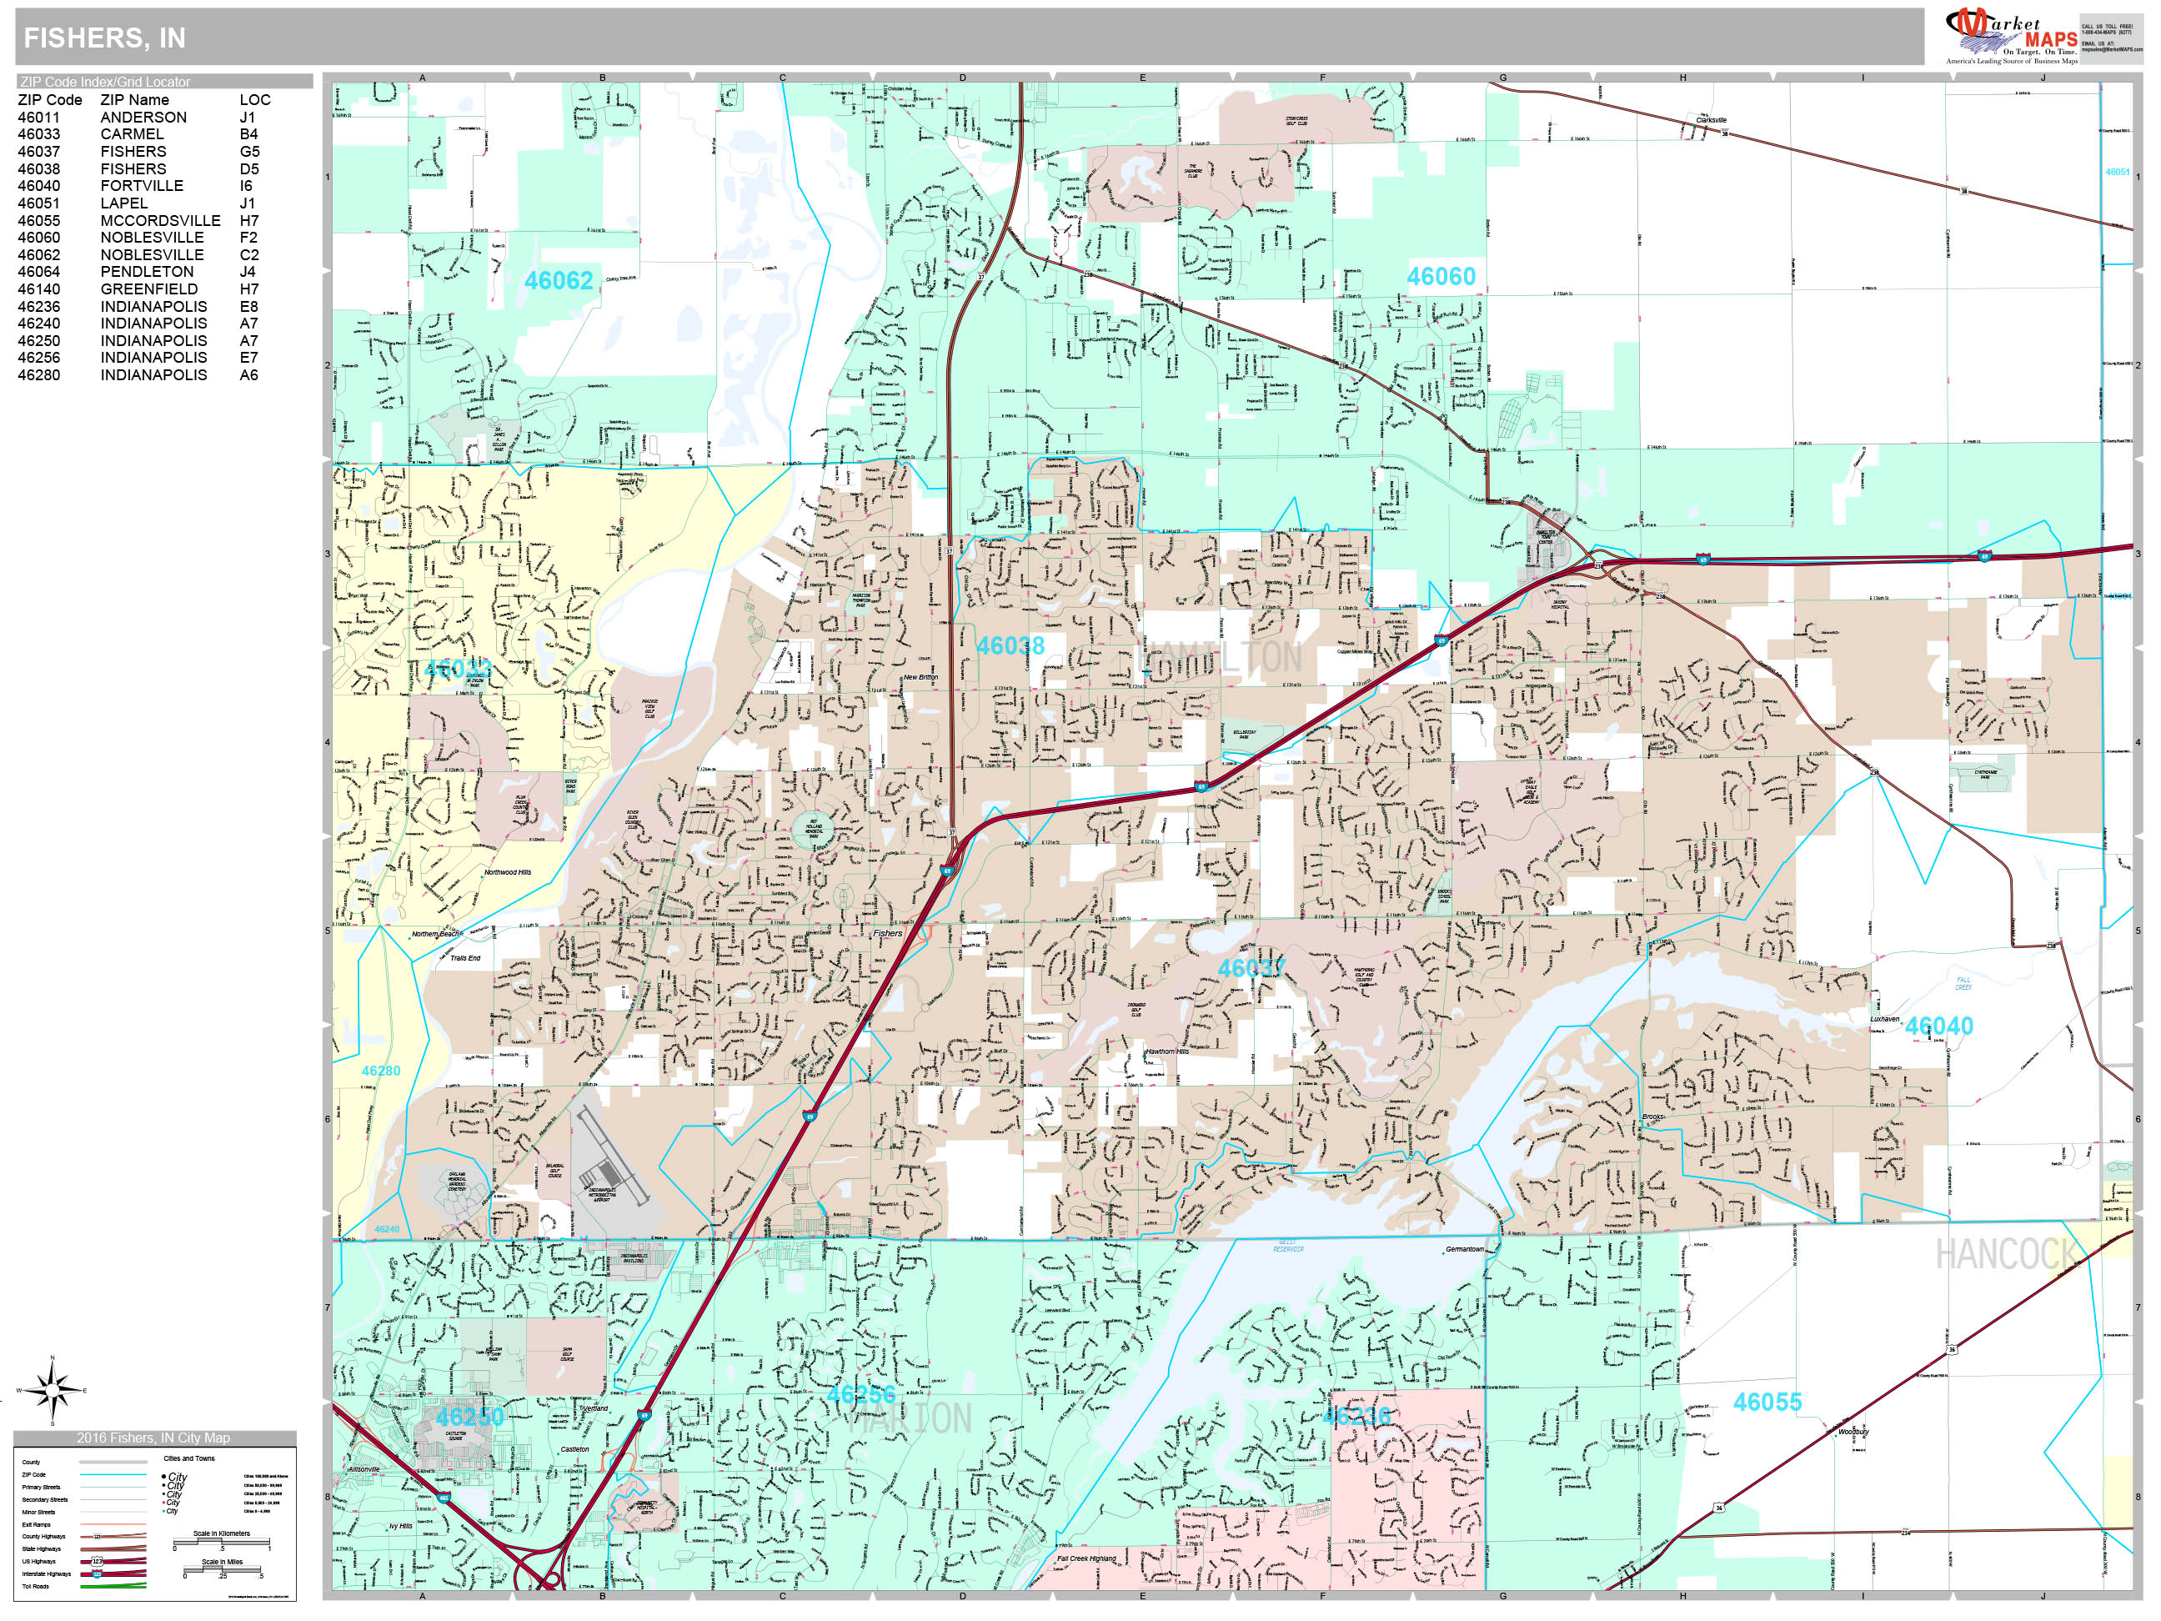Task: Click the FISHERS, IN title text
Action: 103,38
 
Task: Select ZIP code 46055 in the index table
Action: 39,221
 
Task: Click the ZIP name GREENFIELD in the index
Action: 148,289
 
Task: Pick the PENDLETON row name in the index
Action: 147,272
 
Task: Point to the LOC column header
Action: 255,100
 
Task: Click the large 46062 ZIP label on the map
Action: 559,281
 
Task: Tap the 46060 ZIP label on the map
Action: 1440,277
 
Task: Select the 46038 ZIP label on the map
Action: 1010,646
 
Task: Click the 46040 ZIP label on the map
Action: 1938,1026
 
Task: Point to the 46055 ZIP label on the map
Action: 1767,1403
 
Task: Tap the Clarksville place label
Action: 1711,120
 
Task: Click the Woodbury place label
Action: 1853,1432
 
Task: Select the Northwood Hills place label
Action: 507,872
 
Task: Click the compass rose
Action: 53,1389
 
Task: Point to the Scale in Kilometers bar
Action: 222,1546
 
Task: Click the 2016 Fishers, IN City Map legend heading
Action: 153,1438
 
